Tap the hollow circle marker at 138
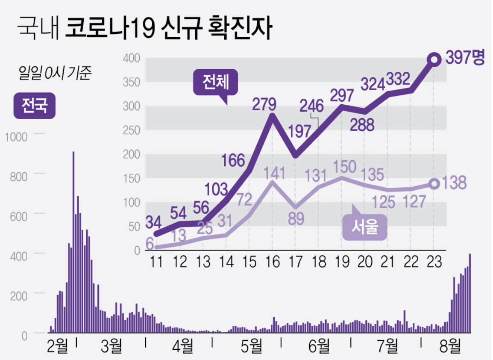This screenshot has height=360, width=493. click(434, 184)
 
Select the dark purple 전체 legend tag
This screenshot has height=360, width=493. click(214, 83)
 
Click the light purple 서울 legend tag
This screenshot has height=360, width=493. click(365, 228)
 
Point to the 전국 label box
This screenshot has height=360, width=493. click(35, 106)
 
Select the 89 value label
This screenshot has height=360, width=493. click(296, 218)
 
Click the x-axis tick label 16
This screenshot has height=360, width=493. click(272, 262)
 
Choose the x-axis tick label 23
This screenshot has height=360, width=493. click(434, 262)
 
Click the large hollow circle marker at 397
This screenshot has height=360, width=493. click(434, 59)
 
